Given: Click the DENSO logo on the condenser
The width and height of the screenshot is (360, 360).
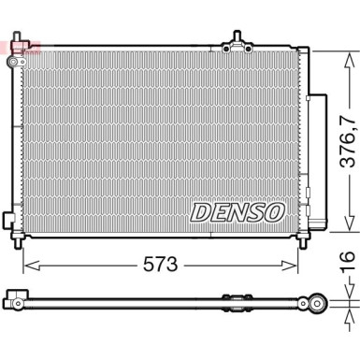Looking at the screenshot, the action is tap(238, 212).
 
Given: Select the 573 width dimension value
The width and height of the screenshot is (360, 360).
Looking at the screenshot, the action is tap(160, 266).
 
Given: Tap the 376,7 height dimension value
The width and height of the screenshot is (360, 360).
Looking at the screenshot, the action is tap(348, 141).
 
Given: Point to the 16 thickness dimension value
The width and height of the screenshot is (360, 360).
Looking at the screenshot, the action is tap(347, 261).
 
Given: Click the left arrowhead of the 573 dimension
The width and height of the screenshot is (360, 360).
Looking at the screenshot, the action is tap(31, 266).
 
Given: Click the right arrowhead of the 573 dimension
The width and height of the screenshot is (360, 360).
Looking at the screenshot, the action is tap(290, 266).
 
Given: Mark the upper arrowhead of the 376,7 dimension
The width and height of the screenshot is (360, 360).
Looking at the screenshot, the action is tap(350, 60).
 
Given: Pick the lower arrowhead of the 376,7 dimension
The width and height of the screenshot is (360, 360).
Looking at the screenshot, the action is tap(350, 223).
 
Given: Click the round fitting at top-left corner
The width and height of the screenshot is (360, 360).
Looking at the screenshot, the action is tap(14, 62).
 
